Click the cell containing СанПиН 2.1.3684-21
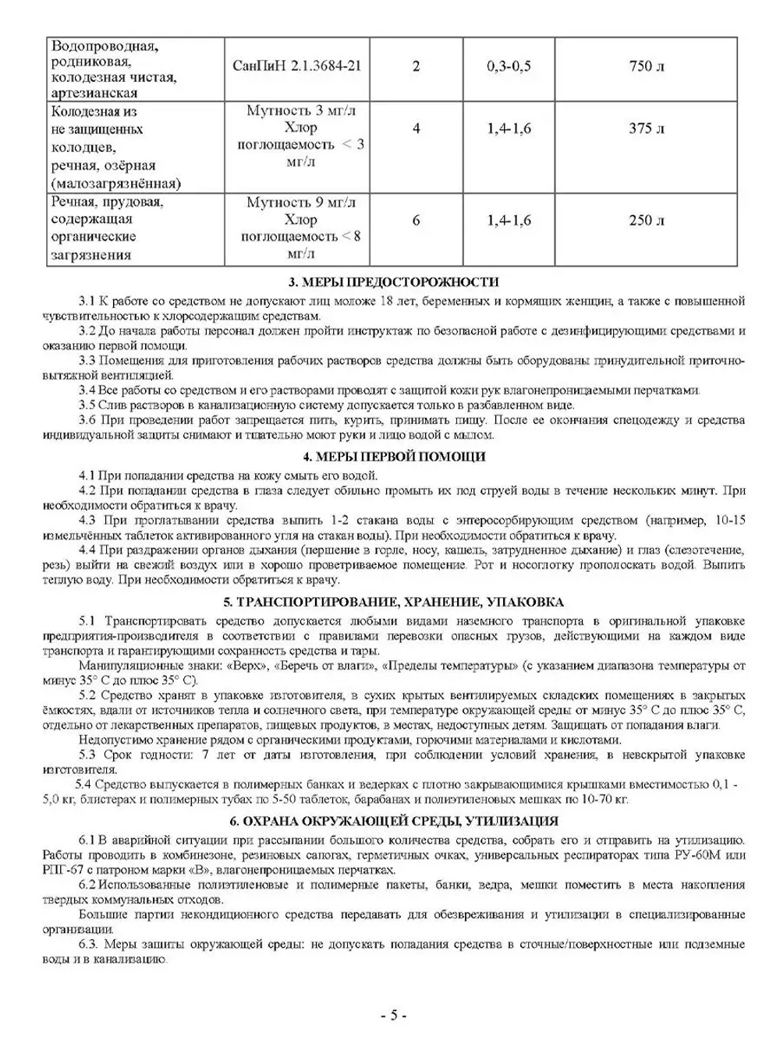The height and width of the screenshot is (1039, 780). click(296, 66)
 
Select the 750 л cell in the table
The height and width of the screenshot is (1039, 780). click(647, 66)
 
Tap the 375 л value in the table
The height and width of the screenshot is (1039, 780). click(647, 129)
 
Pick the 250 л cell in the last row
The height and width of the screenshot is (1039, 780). click(647, 221)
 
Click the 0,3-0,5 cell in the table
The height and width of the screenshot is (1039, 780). click(509, 66)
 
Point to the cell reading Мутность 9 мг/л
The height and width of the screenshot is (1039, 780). click(301, 203)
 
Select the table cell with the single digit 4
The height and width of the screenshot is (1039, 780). click(416, 129)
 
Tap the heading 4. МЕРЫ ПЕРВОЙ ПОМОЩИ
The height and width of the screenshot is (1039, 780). click(394, 457)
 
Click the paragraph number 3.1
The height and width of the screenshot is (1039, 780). click(87, 300)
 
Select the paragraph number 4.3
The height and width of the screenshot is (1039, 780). click(87, 520)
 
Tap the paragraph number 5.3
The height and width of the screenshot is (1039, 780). click(87, 755)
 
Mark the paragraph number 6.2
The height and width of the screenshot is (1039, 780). click(87, 885)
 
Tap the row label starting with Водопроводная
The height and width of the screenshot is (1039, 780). click(105, 45)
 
